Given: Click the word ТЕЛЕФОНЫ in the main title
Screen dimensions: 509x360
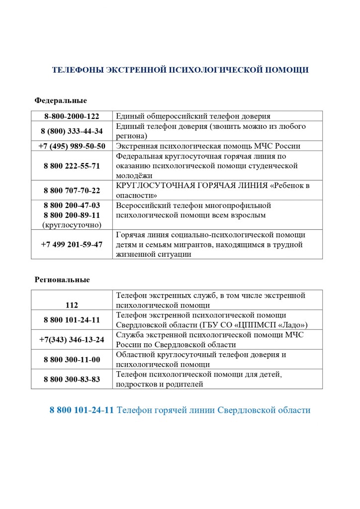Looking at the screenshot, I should tap(78, 70).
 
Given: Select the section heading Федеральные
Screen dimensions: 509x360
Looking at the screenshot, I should tap(61, 101).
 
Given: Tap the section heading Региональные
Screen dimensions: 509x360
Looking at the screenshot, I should tap(62, 280).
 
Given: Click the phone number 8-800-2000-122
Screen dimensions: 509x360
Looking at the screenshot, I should tap(72, 116).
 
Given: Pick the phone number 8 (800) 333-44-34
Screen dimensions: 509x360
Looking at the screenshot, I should tap(72, 131).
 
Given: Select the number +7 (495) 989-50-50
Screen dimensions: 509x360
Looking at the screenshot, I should tap(72, 146).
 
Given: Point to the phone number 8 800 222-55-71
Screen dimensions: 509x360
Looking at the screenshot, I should tap(72, 166).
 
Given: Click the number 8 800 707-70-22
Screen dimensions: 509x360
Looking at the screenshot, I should tap(72, 190).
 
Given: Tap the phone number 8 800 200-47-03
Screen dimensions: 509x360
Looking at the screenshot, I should tap(72, 205).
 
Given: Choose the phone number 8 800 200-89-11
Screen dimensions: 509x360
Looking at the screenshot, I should tap(72, 215).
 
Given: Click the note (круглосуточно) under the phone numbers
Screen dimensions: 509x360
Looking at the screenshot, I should tap(72, 225).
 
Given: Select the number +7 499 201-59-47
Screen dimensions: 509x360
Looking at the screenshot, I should tap(72, 244).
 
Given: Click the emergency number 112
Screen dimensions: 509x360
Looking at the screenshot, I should tap(72, 305).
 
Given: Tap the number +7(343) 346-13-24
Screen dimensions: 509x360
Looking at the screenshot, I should tap(72, 339).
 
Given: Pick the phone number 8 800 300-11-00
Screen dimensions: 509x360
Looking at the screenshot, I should tap(72, 359).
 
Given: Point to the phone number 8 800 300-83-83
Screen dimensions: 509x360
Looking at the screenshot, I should tap(72, 379).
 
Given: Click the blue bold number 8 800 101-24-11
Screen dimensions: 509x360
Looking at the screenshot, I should tap(82, 410).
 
